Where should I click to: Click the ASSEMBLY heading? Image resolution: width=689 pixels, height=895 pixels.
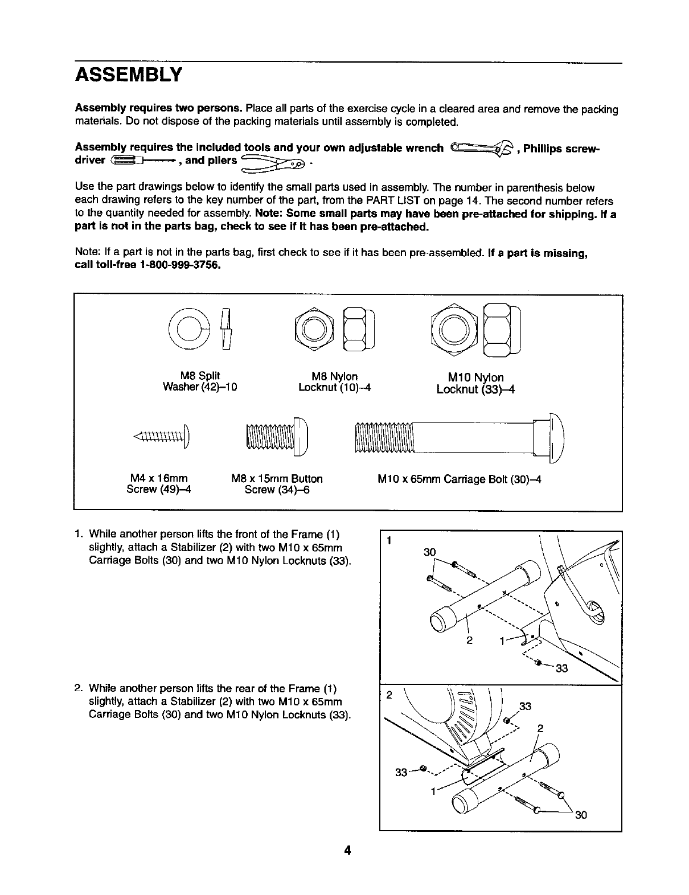128,75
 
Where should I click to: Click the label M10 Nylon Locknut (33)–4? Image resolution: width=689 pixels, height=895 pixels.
475,383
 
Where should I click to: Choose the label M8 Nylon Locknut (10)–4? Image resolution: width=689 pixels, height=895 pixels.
335,382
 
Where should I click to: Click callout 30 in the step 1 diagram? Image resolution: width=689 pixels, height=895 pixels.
430,552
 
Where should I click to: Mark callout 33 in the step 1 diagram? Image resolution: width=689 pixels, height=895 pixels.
561,668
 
